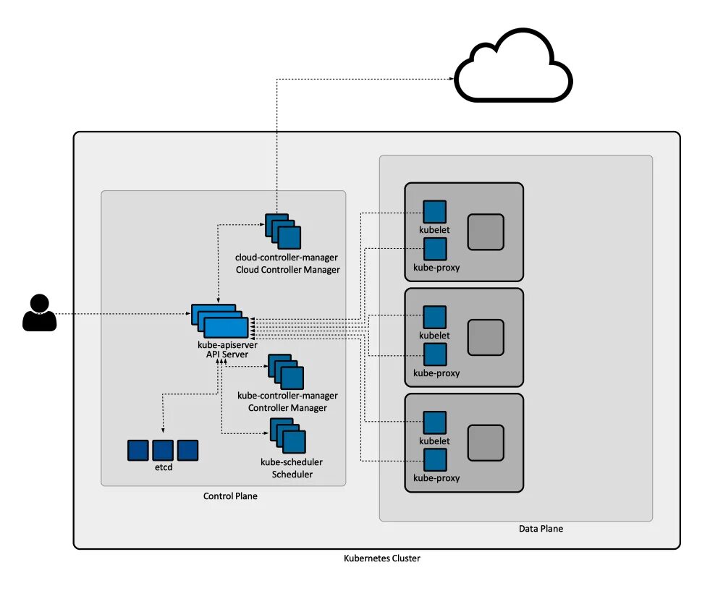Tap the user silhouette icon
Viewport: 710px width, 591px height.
(39, 313)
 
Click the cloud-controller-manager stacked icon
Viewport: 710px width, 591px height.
(283, 231)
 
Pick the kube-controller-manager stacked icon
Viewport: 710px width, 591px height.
(286, 372)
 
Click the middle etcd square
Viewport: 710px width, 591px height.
(163, 450)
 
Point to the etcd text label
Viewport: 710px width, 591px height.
(163, 469)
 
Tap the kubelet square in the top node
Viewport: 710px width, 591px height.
(434, 212)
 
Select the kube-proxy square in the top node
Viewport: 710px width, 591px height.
(435, 249)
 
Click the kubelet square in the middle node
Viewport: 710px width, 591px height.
(434, 317)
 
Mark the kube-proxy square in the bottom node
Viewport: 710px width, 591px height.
(435, 459)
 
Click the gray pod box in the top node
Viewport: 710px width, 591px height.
(485, 231)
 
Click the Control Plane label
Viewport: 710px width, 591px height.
(230, 496)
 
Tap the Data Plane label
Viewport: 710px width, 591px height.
(541, 529)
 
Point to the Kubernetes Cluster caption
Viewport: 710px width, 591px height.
(381, 558)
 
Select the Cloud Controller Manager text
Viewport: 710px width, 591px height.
(287, 270)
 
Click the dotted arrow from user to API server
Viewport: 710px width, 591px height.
(123, 314)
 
